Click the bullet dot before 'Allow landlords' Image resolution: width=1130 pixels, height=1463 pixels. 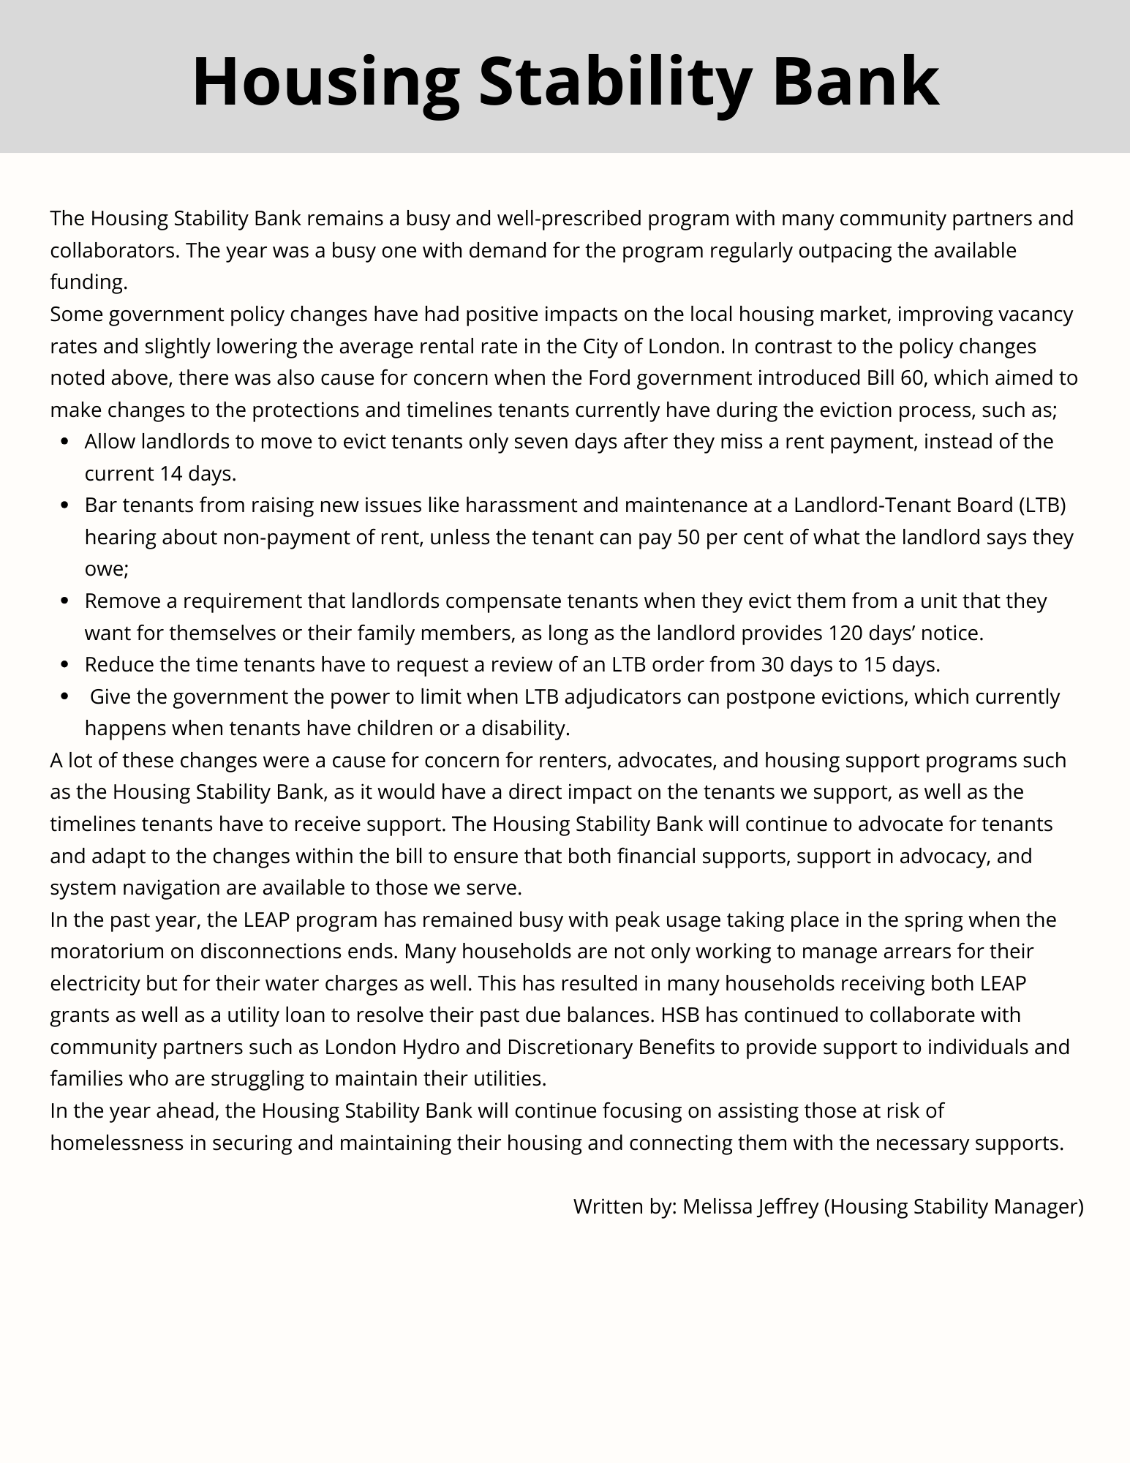click(x=66, y=442)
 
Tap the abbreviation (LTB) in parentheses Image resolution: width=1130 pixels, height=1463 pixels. click(x=1041, y=505)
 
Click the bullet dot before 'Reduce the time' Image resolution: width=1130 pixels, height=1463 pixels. click(x=66, y=664)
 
